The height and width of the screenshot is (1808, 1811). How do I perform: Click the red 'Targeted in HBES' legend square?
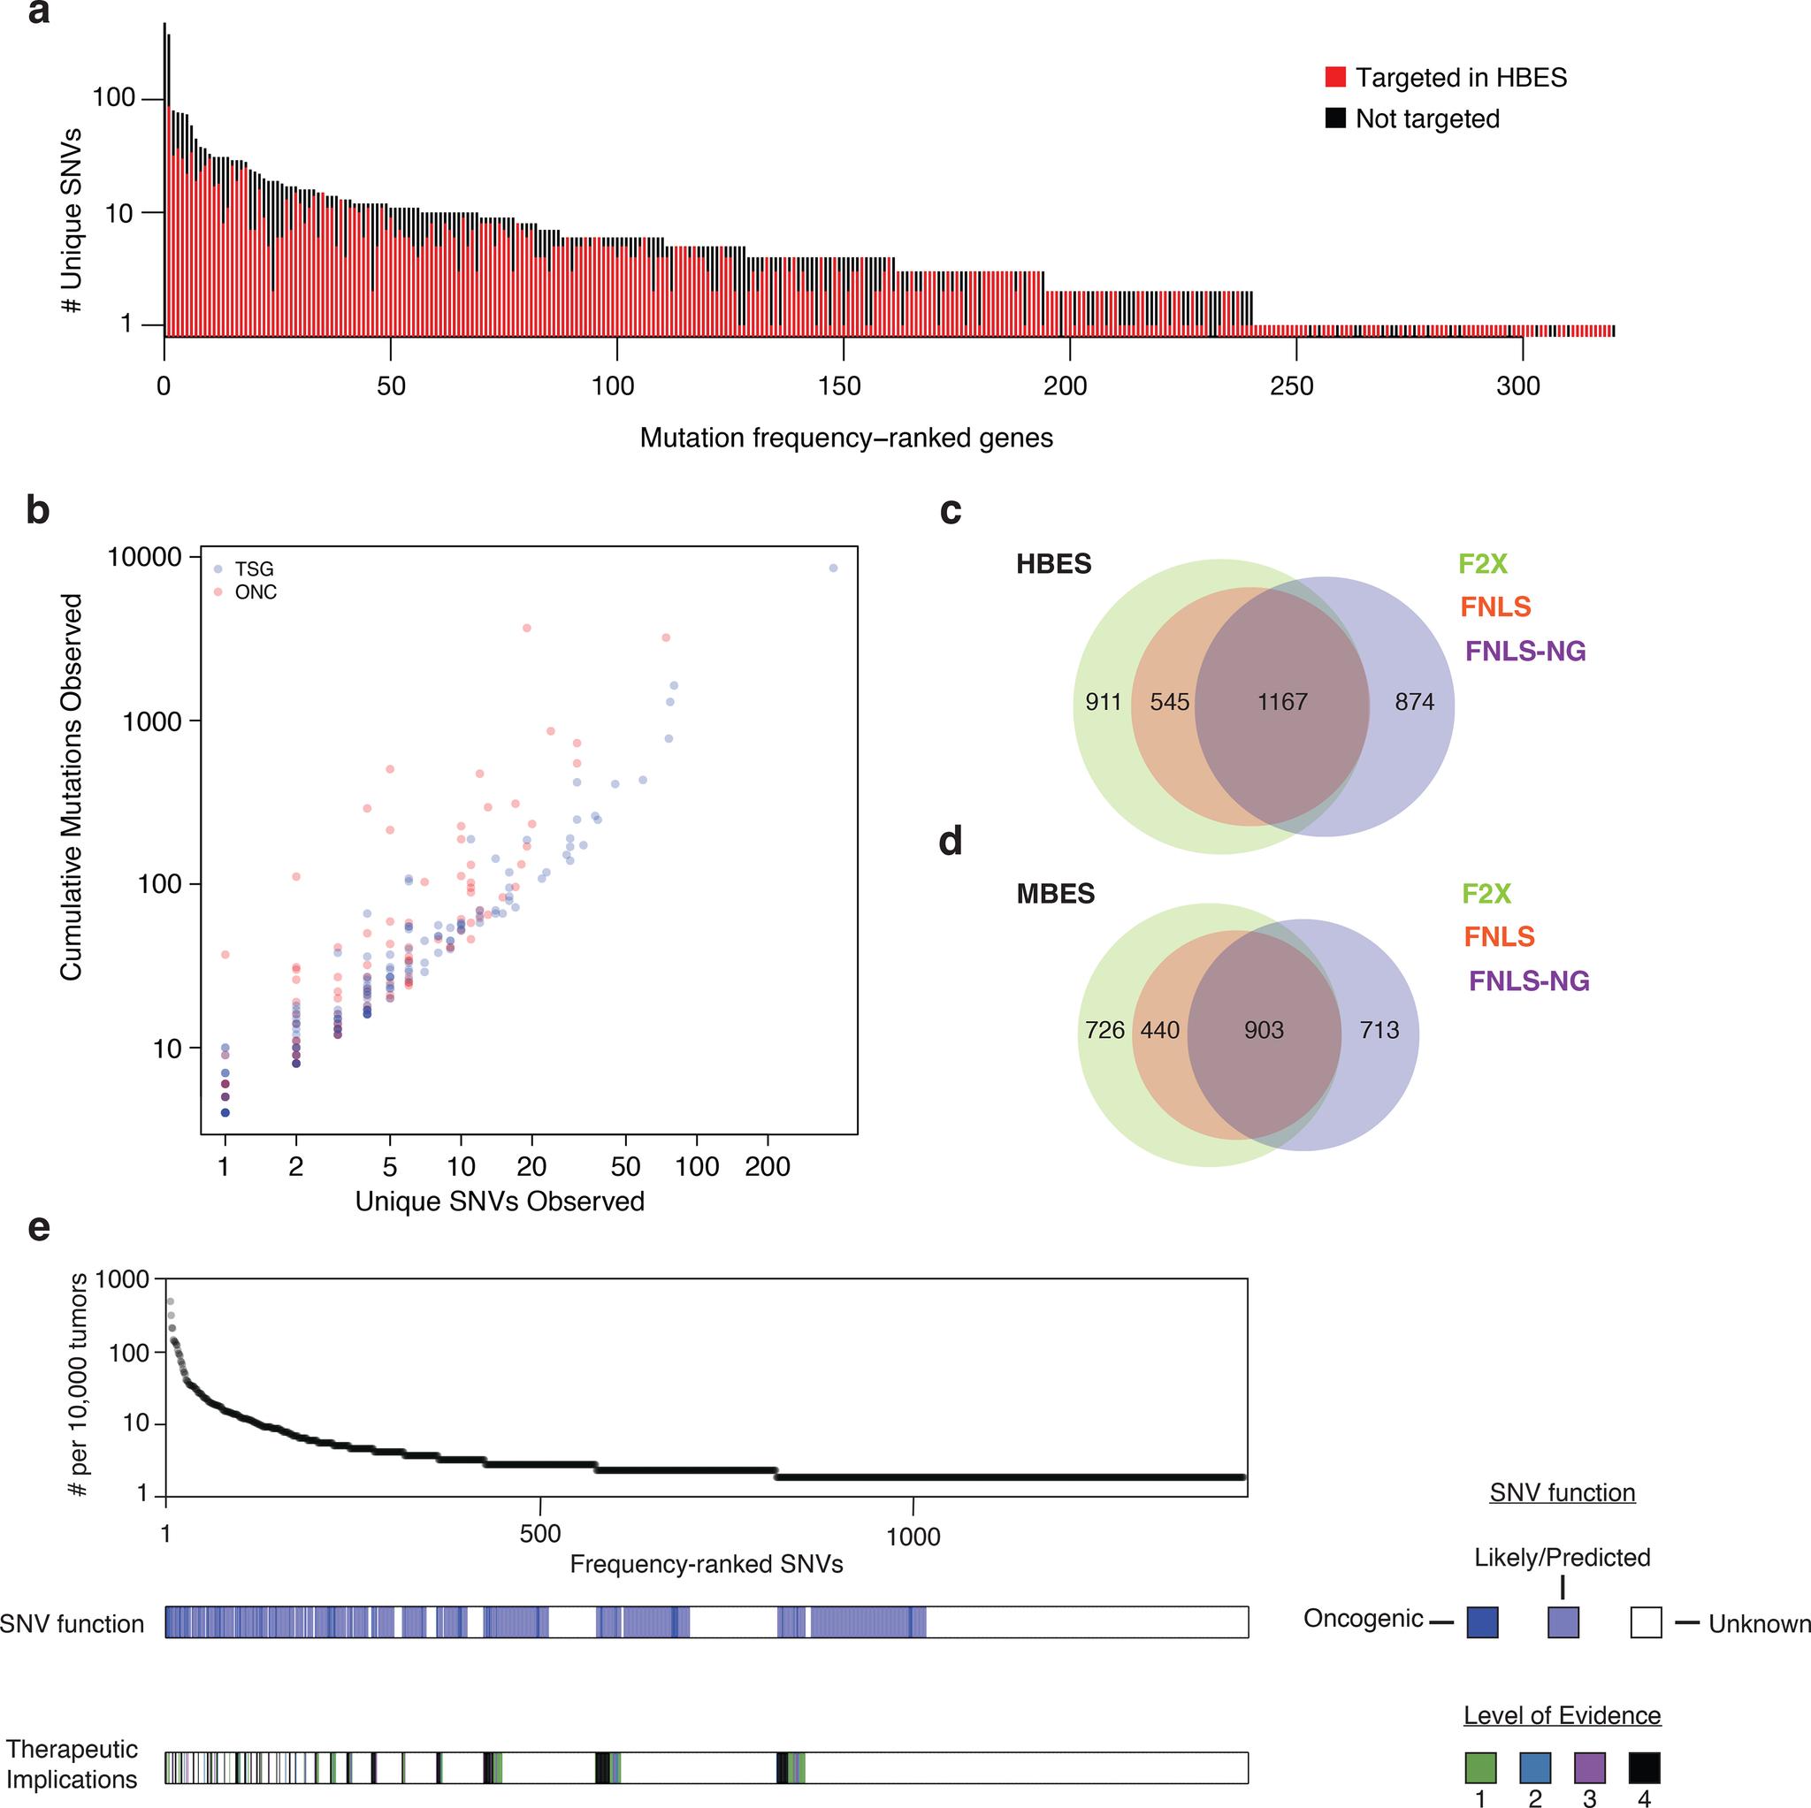click(x=1334, y=77)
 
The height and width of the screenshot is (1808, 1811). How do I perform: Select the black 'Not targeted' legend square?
click(x=1334, y=118)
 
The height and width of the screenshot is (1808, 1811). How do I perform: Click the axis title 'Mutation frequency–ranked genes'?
click(x=845, y=438)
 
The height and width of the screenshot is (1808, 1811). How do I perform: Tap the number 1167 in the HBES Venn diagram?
click(x=1281, y=702)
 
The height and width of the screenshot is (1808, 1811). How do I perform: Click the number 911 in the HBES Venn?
click(x=1104, y=702)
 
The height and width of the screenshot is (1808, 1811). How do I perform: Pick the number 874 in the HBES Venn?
click(x=1414, y=702)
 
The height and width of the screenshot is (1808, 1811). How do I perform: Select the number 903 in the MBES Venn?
click(x=1263, y=1030)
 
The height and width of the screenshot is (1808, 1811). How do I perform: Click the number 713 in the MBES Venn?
click(x=1379, y=1030)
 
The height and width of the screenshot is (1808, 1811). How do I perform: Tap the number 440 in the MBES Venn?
click(x=1159, y=1030)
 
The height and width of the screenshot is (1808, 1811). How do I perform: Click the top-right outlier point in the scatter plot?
click(x=832, y=568)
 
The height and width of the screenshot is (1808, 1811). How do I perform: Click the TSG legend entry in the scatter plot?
click(x=253, y=569)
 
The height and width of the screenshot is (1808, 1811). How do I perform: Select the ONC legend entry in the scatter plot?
click(x=255, y=592)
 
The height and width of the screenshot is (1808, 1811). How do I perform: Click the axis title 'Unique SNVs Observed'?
click(x=500, y=1202)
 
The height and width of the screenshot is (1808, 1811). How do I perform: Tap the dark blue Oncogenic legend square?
click(x=1482, y=1621)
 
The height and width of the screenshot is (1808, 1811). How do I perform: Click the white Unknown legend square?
click(x=1645, y=1621)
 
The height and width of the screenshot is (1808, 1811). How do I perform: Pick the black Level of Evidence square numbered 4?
click(x=1644, y=1767)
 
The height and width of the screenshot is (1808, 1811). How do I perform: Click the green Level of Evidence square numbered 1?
click(x=1480, y=1767)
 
